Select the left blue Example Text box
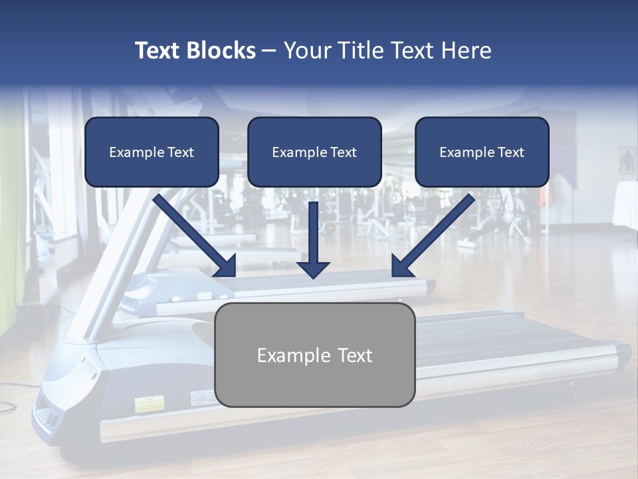tap(152, 152)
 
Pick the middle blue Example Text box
tap(314, 152)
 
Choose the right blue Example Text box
tap(482, 152)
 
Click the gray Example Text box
tap(315, 355)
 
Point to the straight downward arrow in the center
tap(313, 239)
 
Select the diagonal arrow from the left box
tap(196, 236)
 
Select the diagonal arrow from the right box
tap(432, 236)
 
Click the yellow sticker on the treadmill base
tap(149, 404)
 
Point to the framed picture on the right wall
tap(627, 160)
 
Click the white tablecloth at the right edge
tap(625, 203)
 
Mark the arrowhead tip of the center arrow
tap(313, 277)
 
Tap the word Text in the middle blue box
tap(344, 152)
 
